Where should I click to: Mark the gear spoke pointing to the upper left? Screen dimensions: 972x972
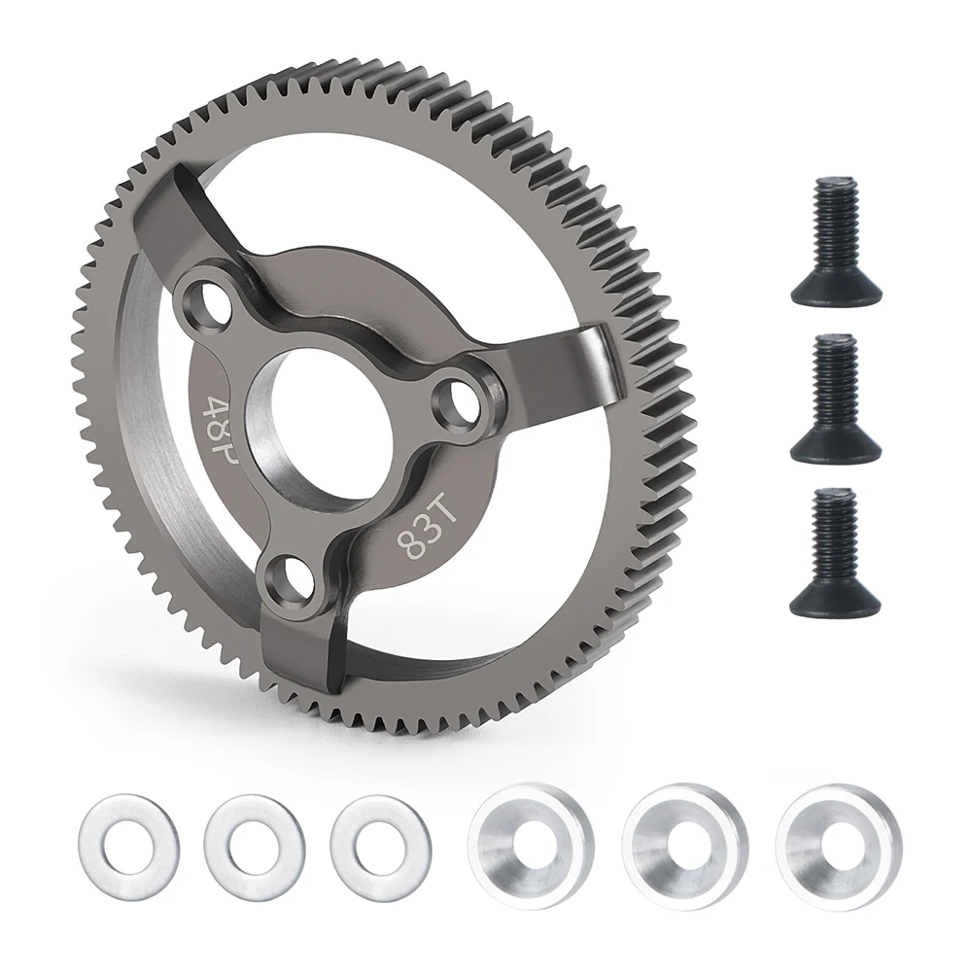pos(194,209)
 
